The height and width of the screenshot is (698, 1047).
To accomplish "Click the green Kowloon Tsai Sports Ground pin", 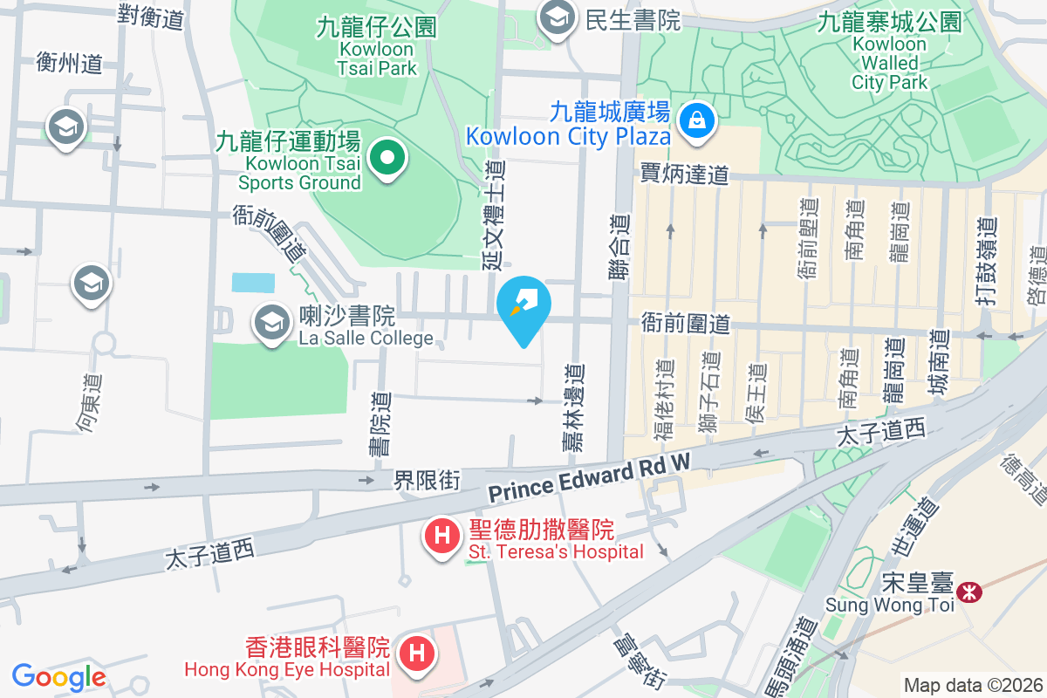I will click(387, 158).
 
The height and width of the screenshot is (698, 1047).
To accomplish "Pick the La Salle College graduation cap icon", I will click(272, 323).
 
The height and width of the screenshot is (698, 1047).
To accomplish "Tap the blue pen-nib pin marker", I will click(523, 305).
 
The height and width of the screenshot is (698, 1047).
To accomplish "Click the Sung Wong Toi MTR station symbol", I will click(968, 592).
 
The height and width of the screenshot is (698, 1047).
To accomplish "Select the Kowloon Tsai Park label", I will click(377, 48).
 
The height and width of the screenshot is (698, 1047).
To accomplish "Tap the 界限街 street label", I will click(427, 480).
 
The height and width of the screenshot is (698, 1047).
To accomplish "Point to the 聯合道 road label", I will click(619, 249).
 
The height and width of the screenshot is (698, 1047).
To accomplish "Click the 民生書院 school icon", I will click(556, 17).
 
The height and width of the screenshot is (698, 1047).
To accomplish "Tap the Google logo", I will click(58, 676).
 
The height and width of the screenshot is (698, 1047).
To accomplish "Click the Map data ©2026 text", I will click(972, 685).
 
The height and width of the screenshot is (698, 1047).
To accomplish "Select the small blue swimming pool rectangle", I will click(253, 283).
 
